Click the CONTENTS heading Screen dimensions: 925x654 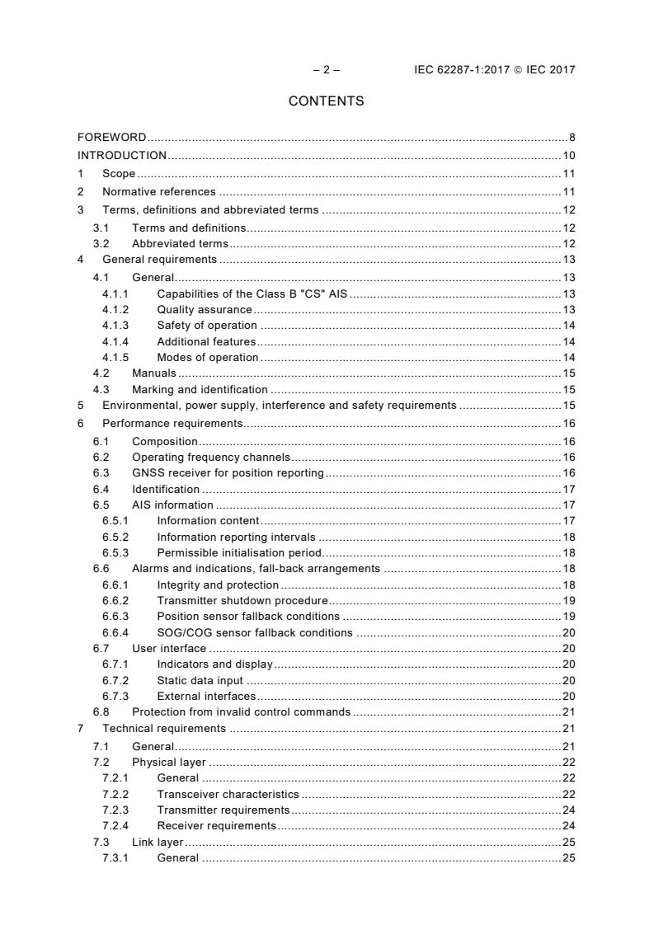pyautogui.click(x=326, y=101)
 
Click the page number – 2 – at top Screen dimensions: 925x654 pyautogui.click(x=326, y=69)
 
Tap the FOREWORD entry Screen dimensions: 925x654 pyautogui.click(x=112, y=137)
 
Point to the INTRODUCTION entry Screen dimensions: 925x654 pyautogui.click(x=122, y=155)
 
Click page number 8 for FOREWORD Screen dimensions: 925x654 pyautogui.click(x=572, y=137)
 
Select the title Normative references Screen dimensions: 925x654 pyautogui.click(x=159, y=192)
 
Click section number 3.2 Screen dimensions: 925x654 pyautogui.click(x=101, y=244)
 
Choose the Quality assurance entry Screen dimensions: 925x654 pyautogui.click(x=205, y=309)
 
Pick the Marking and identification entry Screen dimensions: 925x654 pyautogui.click(x=200, y=389)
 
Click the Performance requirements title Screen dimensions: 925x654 pyautogui.click(x=172, y=423)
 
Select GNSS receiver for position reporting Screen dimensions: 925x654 pyautogui.click(x=228, y=472)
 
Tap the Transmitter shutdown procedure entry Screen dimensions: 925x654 pyautogui.click(x=242, y=600)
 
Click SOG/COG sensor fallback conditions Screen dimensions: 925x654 pyautogui.click(x=255, y=632)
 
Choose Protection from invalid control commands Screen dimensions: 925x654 pyautogui.click(x=241, y=711)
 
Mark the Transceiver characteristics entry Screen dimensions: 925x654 pyautogui.click(x=228, y=794)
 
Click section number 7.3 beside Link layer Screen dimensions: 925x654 pyautogui.click(x=101, y=842)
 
